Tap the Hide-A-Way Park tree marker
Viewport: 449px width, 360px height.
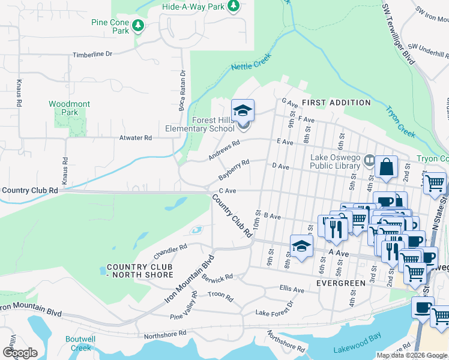pos(234,7)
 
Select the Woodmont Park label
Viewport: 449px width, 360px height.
pos(70,108)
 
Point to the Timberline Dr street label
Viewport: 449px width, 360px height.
pos(92,54)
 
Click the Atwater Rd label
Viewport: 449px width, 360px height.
pos(136,137)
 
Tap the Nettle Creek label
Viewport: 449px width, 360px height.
pos(252,62)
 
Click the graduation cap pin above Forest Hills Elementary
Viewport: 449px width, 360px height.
pos(243,110)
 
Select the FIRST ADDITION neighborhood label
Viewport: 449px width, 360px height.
pos(336,103)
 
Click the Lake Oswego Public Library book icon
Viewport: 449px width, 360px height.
pos(369,161)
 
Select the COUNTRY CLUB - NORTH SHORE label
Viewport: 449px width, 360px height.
pos(140,271)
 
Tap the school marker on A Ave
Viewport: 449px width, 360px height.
pos(301,245)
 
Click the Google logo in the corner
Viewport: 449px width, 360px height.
pos(20,352)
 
